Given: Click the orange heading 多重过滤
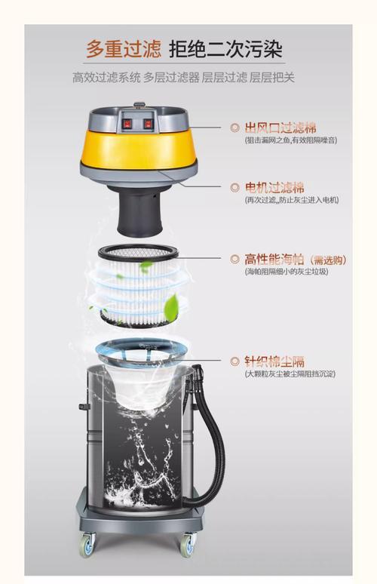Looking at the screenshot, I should [x=123, y=50].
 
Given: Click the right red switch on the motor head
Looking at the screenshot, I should [x=149, y=123].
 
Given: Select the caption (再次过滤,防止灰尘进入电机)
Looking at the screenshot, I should [x=291, y=200].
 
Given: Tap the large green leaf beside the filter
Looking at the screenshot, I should [x=172, y=306].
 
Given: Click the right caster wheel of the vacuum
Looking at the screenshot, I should [x=186, y=543].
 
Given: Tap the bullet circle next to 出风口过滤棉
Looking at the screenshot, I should [x=234, y=128].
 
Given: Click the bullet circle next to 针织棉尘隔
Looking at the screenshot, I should [x=234, y=361].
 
